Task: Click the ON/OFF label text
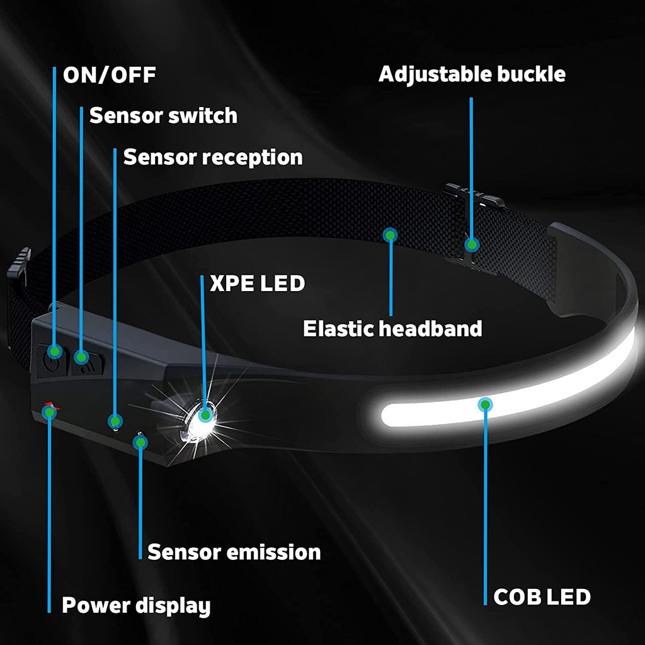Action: [x=109, y=76]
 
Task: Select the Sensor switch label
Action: [x=163, y=116]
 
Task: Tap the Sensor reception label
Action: [x=212, y=157]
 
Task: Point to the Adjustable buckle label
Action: [x=472, y=74]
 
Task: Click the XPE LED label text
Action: [x=257, y=283]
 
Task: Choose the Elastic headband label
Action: [x=392, y=328]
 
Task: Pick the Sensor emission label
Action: [x=234, y=552]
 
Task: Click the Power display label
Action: [x=135, y=606]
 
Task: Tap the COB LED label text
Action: [x=542, y=596]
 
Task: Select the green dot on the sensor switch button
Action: [x=81, y=357]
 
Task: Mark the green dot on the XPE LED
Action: [x=205, y=414]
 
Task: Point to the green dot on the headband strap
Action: [x=391, y=236]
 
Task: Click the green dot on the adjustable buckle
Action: [x=471, y=243]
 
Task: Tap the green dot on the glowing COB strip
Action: [x=485, y=404]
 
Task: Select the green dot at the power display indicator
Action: [x=49, y=411]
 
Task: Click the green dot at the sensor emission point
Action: [x=140, y=442]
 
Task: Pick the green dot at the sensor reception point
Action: [x=115, y=420]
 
